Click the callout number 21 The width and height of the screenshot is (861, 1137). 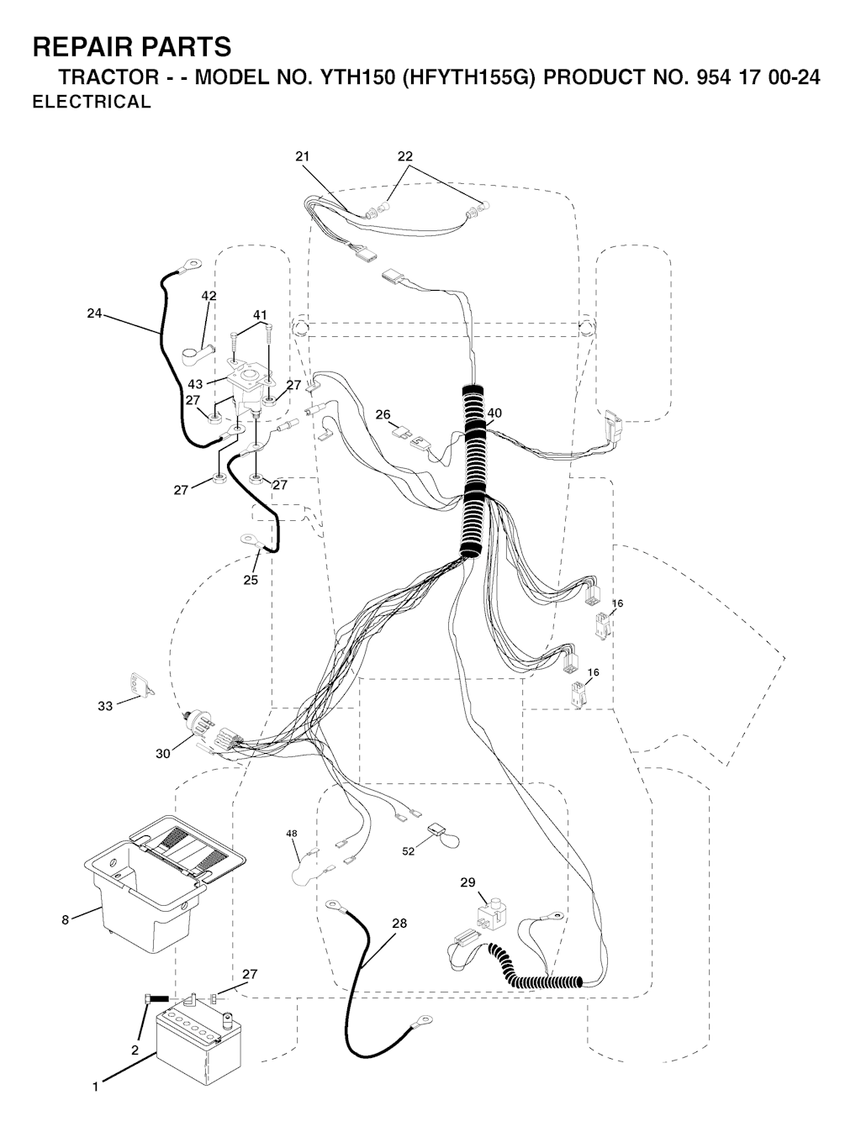click(x=302, y=156)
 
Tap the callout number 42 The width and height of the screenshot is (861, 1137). click(x=209, y=296)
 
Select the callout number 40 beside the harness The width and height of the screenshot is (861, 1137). click(x=494, y=413)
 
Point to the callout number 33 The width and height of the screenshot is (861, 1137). click(x=105, y=706)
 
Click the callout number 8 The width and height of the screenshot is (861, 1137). click(x=65, y=920)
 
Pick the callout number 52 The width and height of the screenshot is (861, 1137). click(x=409, y=851)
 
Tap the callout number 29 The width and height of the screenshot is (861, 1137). click(x=467, y=882)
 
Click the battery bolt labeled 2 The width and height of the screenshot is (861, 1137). click(x=157, y=998)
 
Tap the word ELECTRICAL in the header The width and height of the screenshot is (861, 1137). click(x=92, y=102)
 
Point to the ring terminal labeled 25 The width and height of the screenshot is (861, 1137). click(x=255, y=542)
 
